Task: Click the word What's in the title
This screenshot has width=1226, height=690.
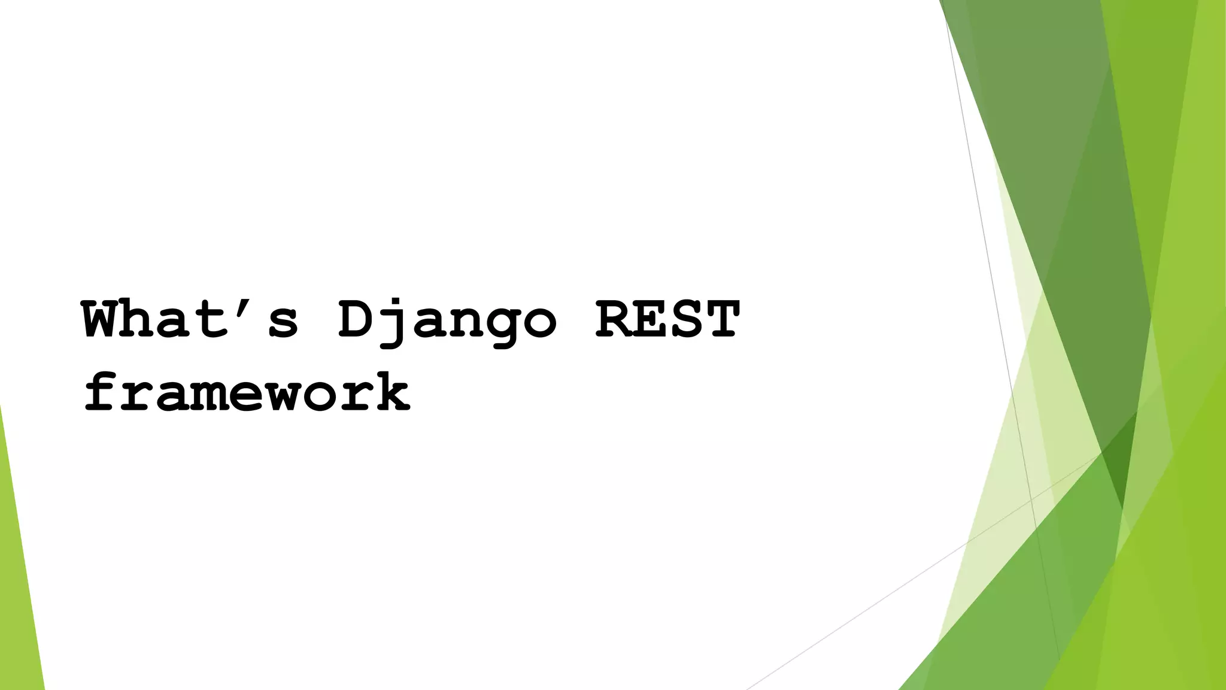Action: coord(190,320)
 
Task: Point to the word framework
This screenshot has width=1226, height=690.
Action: coord(247,392)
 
